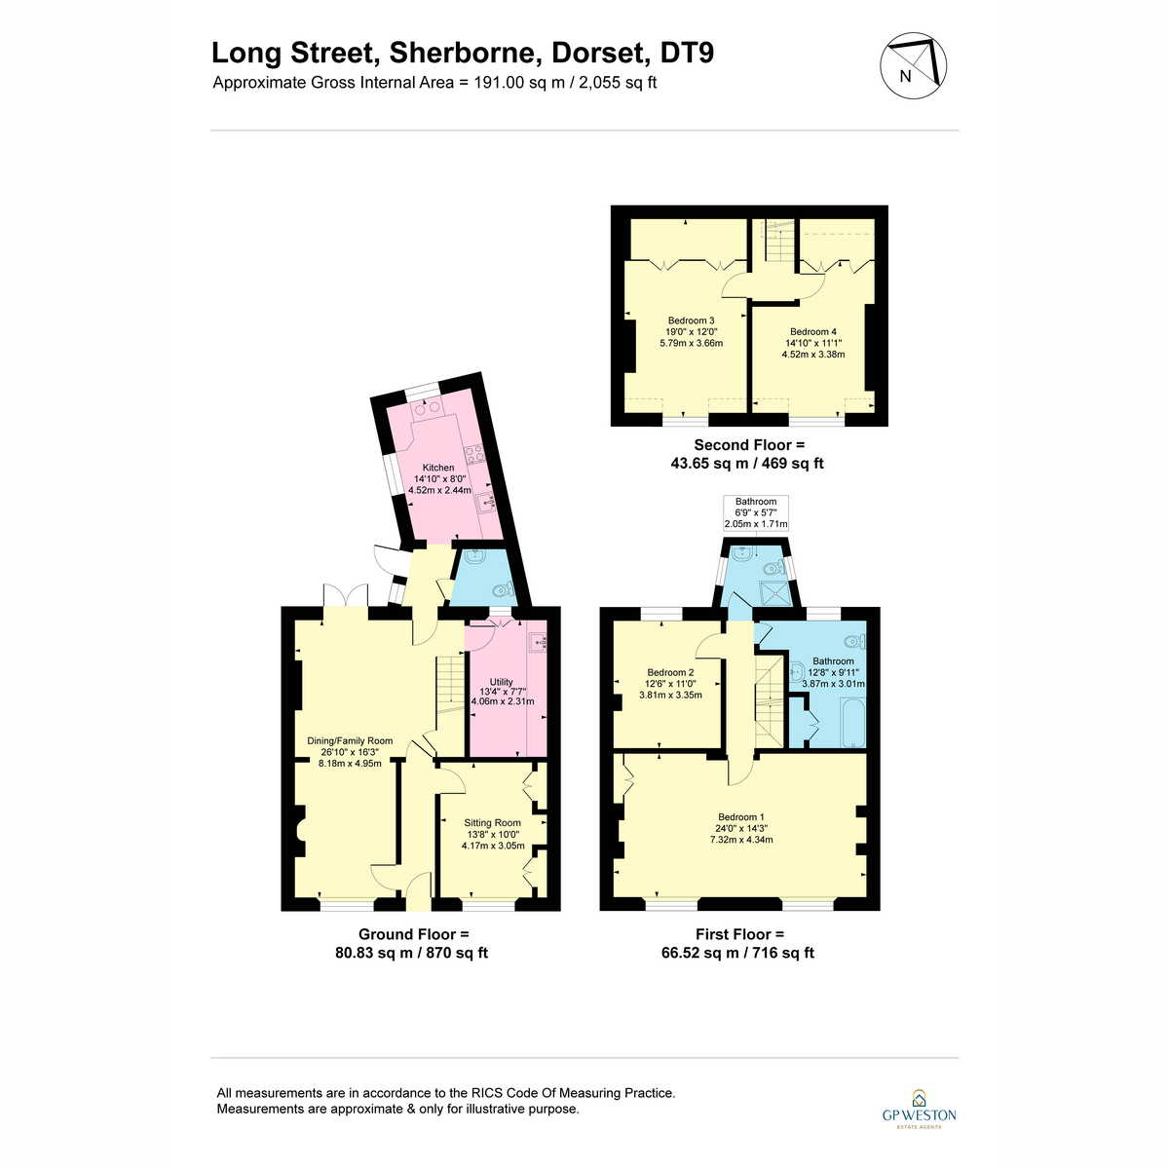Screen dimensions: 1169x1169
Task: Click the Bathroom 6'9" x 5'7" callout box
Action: pyautogui.click(x=756, y=512)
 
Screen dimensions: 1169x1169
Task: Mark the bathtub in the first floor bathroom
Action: pyautogui.click(x=853, y=722)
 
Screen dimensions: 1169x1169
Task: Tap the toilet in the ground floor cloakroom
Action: pyautogui.click(x=503, y=588)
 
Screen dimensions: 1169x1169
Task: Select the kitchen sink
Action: pyautogui.click(x=486, y=503)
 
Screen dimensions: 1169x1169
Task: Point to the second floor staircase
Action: pyautogui.click(x=779, y=241)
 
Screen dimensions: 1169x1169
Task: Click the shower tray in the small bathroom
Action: pyautogui.click(x=774, y=593)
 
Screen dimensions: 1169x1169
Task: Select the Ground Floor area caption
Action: pyautogui.click(x=412, y=943)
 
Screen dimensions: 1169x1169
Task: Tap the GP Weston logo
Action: pyautogui.click(x=919, y=1117)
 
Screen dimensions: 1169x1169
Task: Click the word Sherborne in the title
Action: pyautogui.click(x=466, y=53)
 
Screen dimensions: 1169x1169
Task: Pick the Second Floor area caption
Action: pyautogui.click(x=747, y=454)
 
